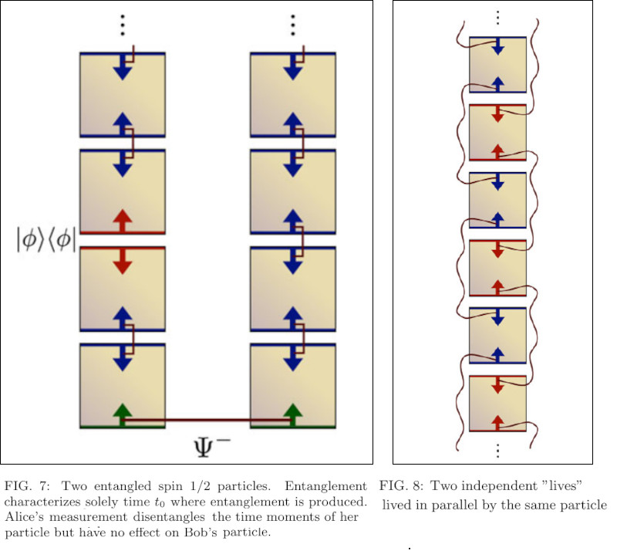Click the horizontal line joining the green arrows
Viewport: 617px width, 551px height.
[x=207, y=421]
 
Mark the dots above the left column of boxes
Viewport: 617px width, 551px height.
[x=122, y=25]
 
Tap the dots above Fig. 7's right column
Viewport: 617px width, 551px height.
[x=292, y=25]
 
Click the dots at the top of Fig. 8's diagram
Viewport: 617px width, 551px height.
[x=497, y=17]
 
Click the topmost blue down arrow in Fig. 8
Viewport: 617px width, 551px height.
[x=497, y=46]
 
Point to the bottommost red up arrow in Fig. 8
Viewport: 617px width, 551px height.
[x=497, y=421]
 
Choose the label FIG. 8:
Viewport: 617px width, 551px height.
[x=402, y=486]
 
